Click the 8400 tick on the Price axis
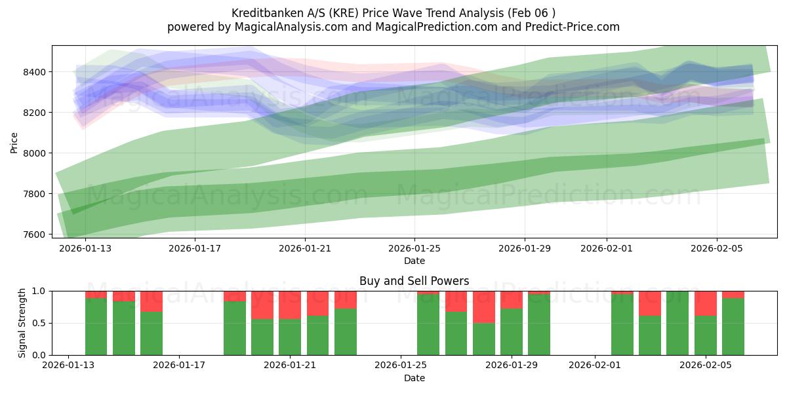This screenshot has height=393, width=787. pyautogui.click(x=36, y=72)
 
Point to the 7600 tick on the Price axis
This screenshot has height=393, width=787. pyautogui.click(x=36, y=234)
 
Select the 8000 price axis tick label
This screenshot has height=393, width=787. pyautogui.click(x=36, y=153)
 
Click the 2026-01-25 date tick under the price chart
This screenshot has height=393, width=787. pyautogui.click(x=414, y=249)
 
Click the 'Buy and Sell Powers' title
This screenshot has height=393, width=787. pyautogui.click(x=414, y=281)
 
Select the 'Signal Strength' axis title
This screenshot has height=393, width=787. pyautogui.click(x=22, y=323)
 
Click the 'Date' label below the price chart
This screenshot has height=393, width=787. pyautogui.click(x=414, y=261)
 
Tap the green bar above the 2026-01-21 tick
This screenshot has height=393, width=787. pyautogui.click(x=290, y=337)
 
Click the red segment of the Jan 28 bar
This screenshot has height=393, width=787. pyautogui.click(x=484, y=307)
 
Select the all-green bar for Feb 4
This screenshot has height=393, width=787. pyautogui.click(x=677, y=323)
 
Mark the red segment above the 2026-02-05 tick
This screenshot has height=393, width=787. pyautogui.click(x=706, y=303)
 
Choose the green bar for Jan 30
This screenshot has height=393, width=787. pyautogui.click(x=539, y=324)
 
